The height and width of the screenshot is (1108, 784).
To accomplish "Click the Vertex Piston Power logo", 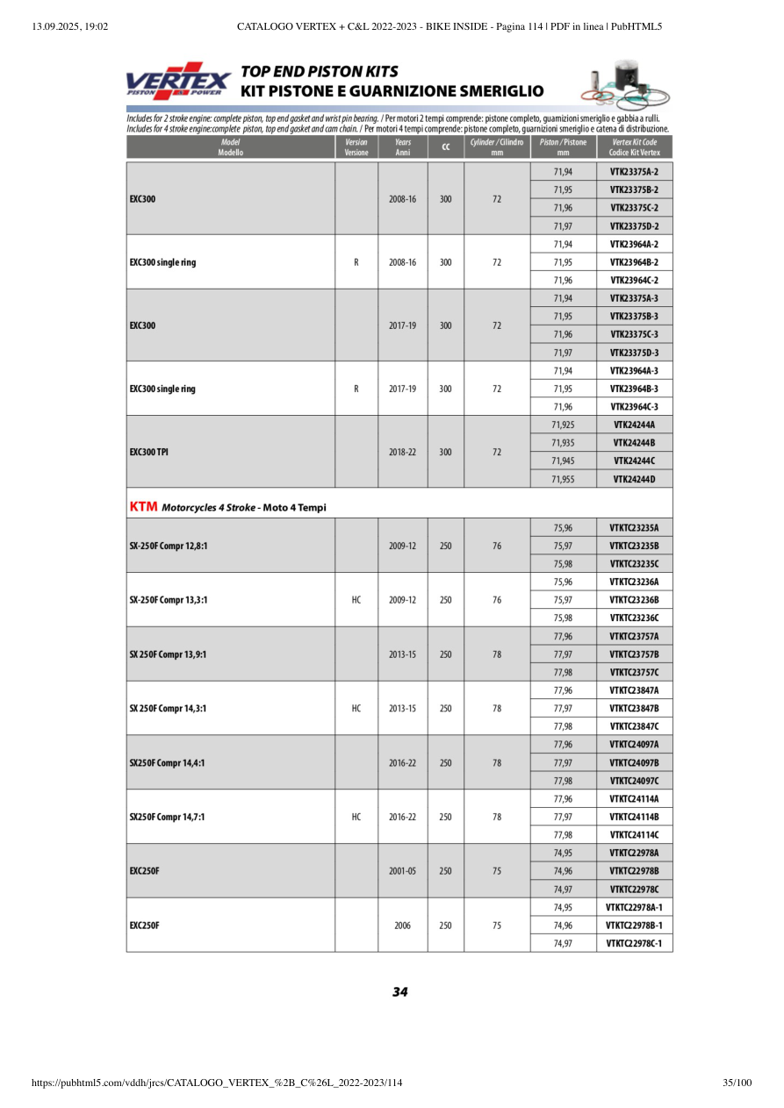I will pyautogui.click(x=178, y=81).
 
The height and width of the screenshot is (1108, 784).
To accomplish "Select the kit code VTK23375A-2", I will pyautogui.click(x=634, y=172).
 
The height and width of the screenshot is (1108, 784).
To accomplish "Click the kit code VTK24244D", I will pyautogui.click(x=634, y=479).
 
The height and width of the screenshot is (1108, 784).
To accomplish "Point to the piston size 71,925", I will pyautogui.click(x=563, y=425).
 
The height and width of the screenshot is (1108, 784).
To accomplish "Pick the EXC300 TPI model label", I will pyautogui.click(x=150, y=452).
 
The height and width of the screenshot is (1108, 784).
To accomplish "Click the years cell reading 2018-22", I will pyautogui.click(x=402, y=452).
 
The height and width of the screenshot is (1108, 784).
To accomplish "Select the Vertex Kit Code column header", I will pyautogui.click(x=634, y=147).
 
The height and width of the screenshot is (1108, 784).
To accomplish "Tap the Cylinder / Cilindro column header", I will pyautogui.click(x=496, y=147).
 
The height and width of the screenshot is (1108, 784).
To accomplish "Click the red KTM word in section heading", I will pyautogui.click(x=143, y=507).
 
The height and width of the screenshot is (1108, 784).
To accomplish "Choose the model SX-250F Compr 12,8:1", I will pyautogui.click(x=169, y=546).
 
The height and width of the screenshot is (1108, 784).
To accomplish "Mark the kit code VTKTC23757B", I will pyautogui.click(x=634, y=654).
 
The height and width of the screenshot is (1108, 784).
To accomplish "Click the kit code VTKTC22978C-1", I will pyautogui.click(x=634, y=943).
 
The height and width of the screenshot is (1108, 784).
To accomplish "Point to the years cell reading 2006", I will pyautogui.click(x=402, y=925).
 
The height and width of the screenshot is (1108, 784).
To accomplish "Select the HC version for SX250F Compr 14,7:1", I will pyautogui.click(x=356, y=817).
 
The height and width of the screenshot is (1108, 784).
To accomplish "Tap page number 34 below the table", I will pyautogui.click(x=399, y=992).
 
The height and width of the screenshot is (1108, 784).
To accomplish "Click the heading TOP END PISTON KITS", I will pyautogui.click(x=320, y=72).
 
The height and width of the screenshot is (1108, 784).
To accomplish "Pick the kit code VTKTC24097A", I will pyautogui.click(x=634, y=745).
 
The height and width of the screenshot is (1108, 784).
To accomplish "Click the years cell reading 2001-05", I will pyautogui.click(x=402, y=870).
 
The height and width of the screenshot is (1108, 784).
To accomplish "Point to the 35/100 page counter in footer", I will pyautogui.click(x=737, y=1083).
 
